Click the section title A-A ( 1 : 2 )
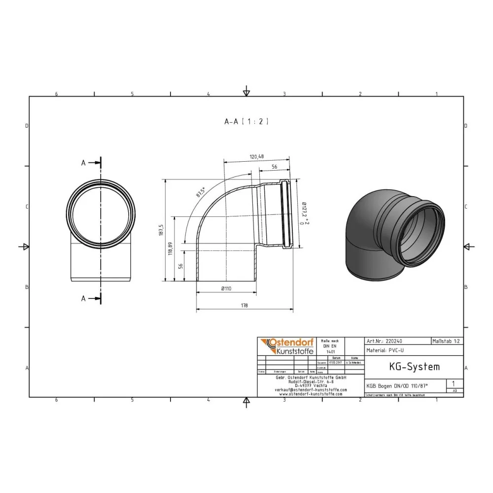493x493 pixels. point(246,121)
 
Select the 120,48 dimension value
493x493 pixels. point(256,157)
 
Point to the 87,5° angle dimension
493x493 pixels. point(200,192)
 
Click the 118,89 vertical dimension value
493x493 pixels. point(171,249)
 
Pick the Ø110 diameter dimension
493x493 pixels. point(226,288)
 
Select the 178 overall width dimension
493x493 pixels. point(245,306)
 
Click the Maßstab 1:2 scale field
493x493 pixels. point(447,341)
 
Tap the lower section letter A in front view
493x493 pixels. point(83,298)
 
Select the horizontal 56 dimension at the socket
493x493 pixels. point(275,168)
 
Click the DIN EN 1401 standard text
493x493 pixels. point(329,346)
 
